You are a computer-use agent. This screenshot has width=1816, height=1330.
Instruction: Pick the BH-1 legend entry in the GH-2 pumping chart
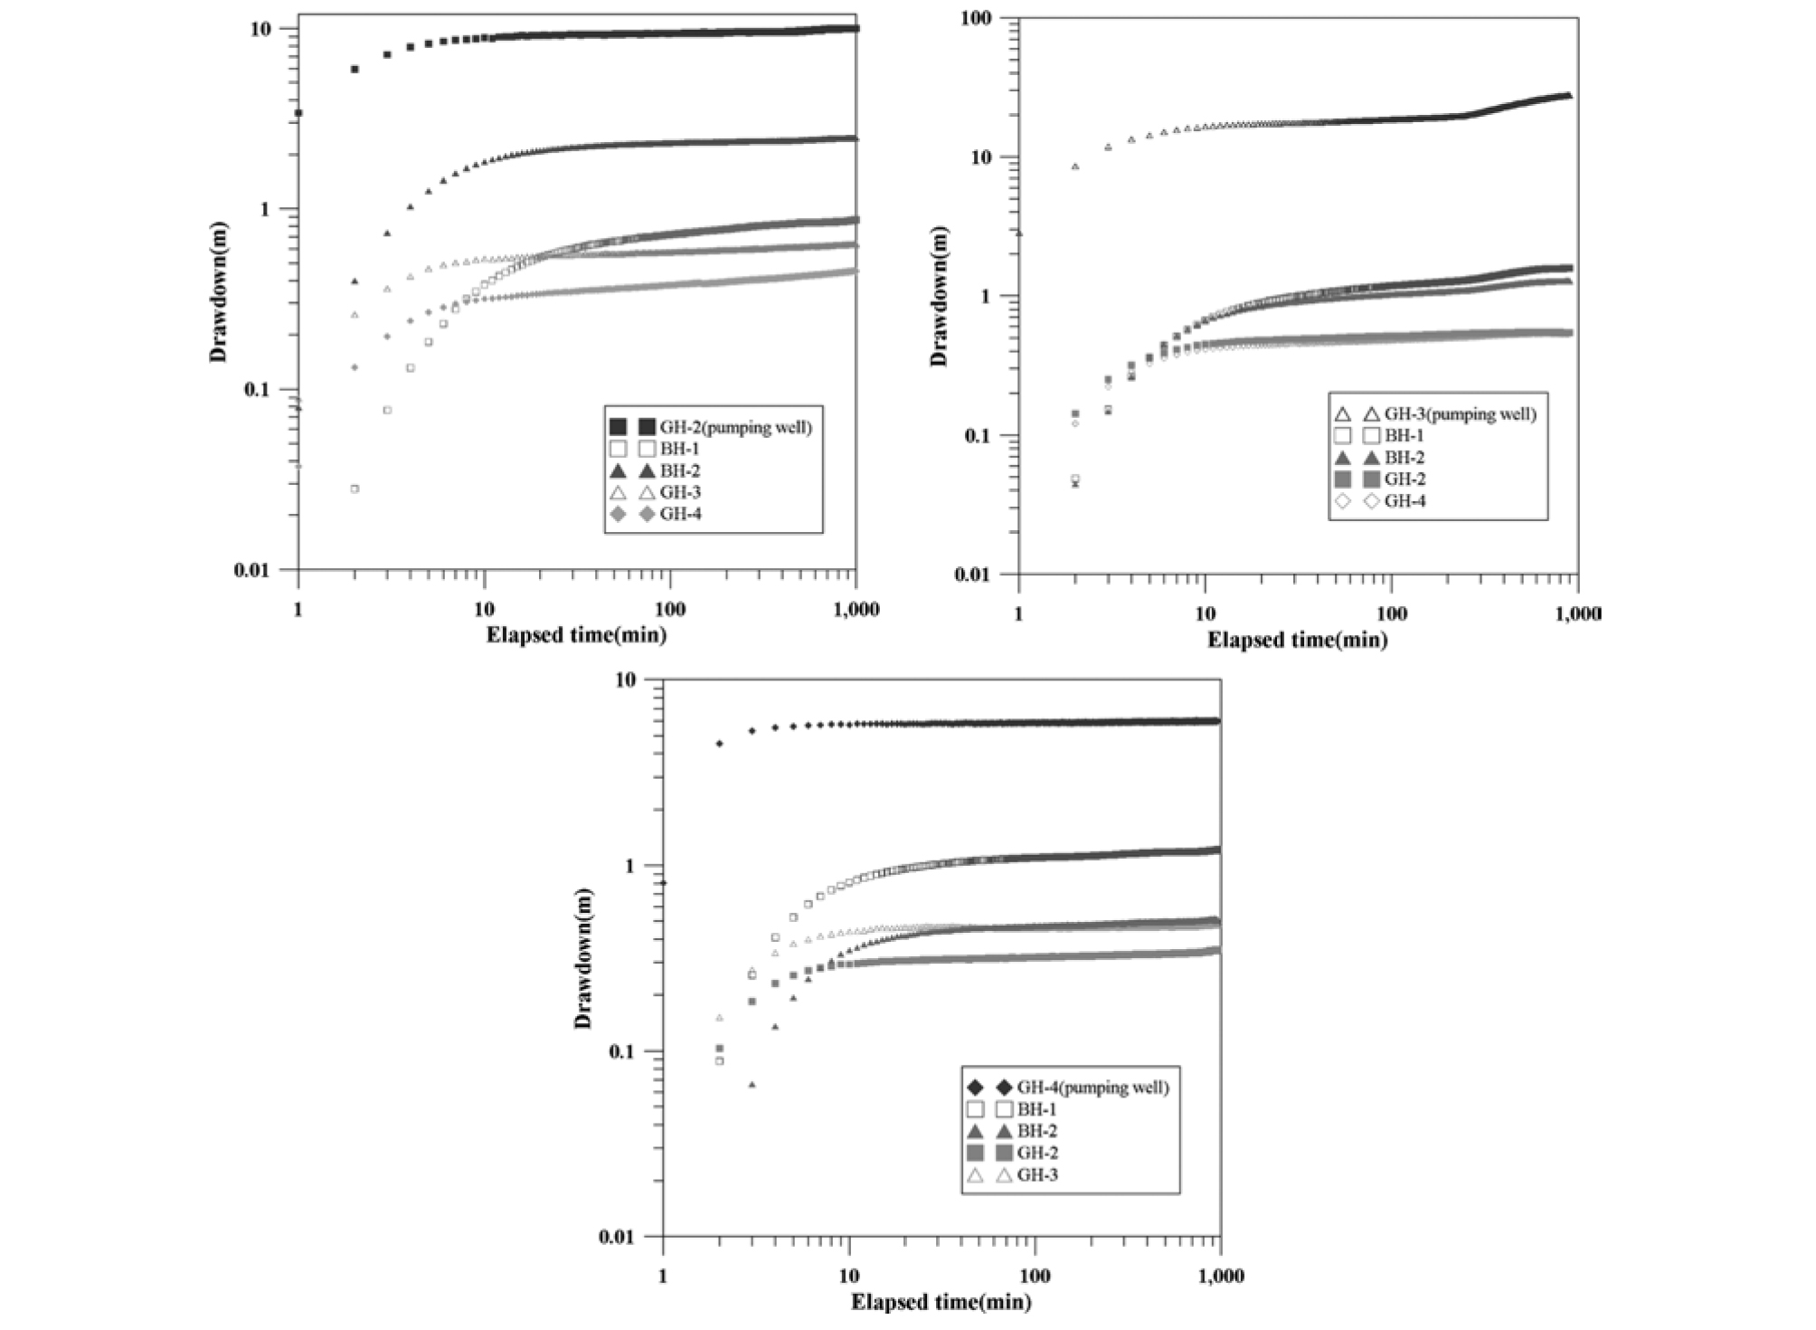(679, 449)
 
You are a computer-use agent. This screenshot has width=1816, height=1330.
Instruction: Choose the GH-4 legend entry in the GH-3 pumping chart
(1405, 501)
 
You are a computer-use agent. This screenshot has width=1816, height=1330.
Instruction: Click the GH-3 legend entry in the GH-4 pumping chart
(1037, 1175)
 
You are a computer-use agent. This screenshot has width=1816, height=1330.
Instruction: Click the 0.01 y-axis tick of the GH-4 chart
(628, 1237)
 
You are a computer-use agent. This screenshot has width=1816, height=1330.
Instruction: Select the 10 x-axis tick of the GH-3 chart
(1206, 614)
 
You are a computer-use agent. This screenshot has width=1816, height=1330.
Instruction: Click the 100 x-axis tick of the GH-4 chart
(1034, 1277)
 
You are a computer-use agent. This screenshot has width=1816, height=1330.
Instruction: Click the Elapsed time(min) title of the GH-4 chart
(941, 1303)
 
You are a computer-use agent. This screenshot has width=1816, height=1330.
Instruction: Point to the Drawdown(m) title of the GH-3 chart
(940, 297)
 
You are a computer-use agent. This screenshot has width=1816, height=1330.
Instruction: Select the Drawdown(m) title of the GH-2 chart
(218, 292)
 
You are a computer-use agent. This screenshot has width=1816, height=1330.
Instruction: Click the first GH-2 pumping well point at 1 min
(298, 113)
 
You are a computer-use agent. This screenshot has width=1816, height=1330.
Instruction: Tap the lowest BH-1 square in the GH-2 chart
(355, 489)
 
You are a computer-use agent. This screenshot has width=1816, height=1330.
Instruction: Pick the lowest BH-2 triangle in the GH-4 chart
(752, 1084)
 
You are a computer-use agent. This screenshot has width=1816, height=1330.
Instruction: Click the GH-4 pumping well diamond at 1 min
(664, 882)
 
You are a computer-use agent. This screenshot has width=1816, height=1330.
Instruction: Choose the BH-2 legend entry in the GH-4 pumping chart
(1037, 1132)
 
